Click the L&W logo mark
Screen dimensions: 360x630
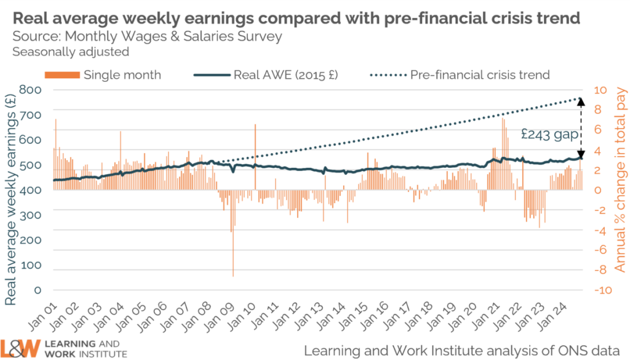(20, 348)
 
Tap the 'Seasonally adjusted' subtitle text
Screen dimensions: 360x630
(71, 52)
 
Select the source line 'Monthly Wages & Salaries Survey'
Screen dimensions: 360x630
(147, 36)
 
